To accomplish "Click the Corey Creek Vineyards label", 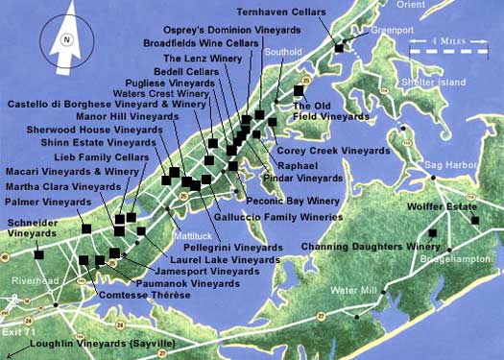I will click(x=320, y=151).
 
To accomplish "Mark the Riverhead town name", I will click(x=33, y=279).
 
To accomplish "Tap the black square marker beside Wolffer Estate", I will click(x=475, y=220).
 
